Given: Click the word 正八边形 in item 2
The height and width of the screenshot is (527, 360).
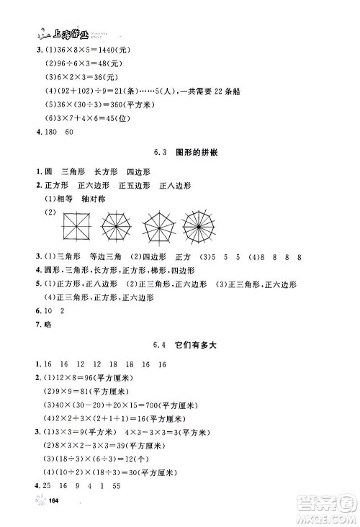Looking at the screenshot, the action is click(x=177, y=186).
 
